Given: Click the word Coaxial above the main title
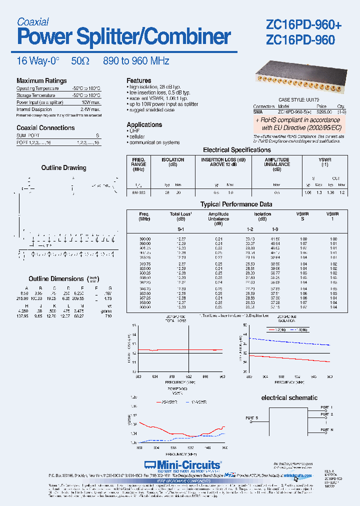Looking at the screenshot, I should pyautogui.click(x=33, y=21).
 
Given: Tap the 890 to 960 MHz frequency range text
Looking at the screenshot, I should pyautogui.click(x=136, y=61).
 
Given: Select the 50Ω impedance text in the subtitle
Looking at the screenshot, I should pyautogui.click(x=80, y=61).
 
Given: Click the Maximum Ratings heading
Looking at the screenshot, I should pyautogui.click(x=41, y=80).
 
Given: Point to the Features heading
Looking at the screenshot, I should pyautogui.click(x=138, y=80).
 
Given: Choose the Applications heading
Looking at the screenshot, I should pyautogui.click(x=144, y=124).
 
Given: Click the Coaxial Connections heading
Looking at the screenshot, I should pyautogui.click(x=45, y=127).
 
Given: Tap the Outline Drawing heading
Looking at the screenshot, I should pyautogui.click(x=63, y=167).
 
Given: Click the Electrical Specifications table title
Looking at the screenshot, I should pyautogui.click(x=237, y=149).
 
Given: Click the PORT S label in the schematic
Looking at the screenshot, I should pyautogui.click(x=252, y=417).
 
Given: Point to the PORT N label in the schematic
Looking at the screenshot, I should pyautogui.click(x=326, y=429).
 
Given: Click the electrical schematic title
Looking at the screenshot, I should pyautogui.click(x=289, y=397).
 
